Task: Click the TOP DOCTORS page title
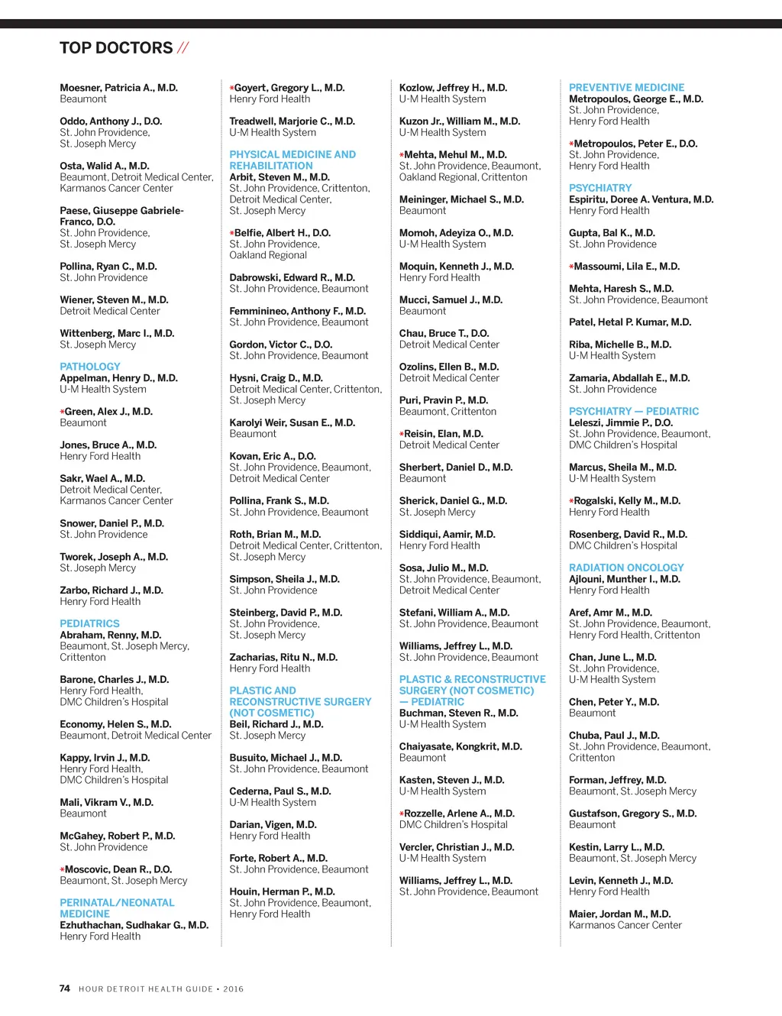(116, 48)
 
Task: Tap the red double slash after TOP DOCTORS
(183, 48)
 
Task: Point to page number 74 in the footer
(65, 988)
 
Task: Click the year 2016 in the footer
(233, 989)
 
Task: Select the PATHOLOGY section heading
(90, 367)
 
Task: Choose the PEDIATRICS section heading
(90, 623)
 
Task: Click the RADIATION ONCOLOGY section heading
(626, 568)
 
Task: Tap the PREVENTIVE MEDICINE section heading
(626, 88)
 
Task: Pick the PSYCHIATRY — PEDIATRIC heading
(634, 411)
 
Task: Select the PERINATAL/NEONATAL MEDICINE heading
(117, 908)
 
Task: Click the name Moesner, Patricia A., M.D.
(118, 88)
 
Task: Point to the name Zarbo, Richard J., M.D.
(111, 591)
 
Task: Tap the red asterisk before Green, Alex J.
(62, 412)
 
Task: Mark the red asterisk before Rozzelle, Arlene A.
(402, 814)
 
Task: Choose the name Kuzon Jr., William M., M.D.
(460, 121)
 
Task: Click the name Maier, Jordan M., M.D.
(619, 914)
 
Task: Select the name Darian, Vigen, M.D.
(273, 825)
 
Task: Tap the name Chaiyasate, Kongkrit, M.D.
(460, 746)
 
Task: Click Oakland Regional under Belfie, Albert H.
(268, 255)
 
